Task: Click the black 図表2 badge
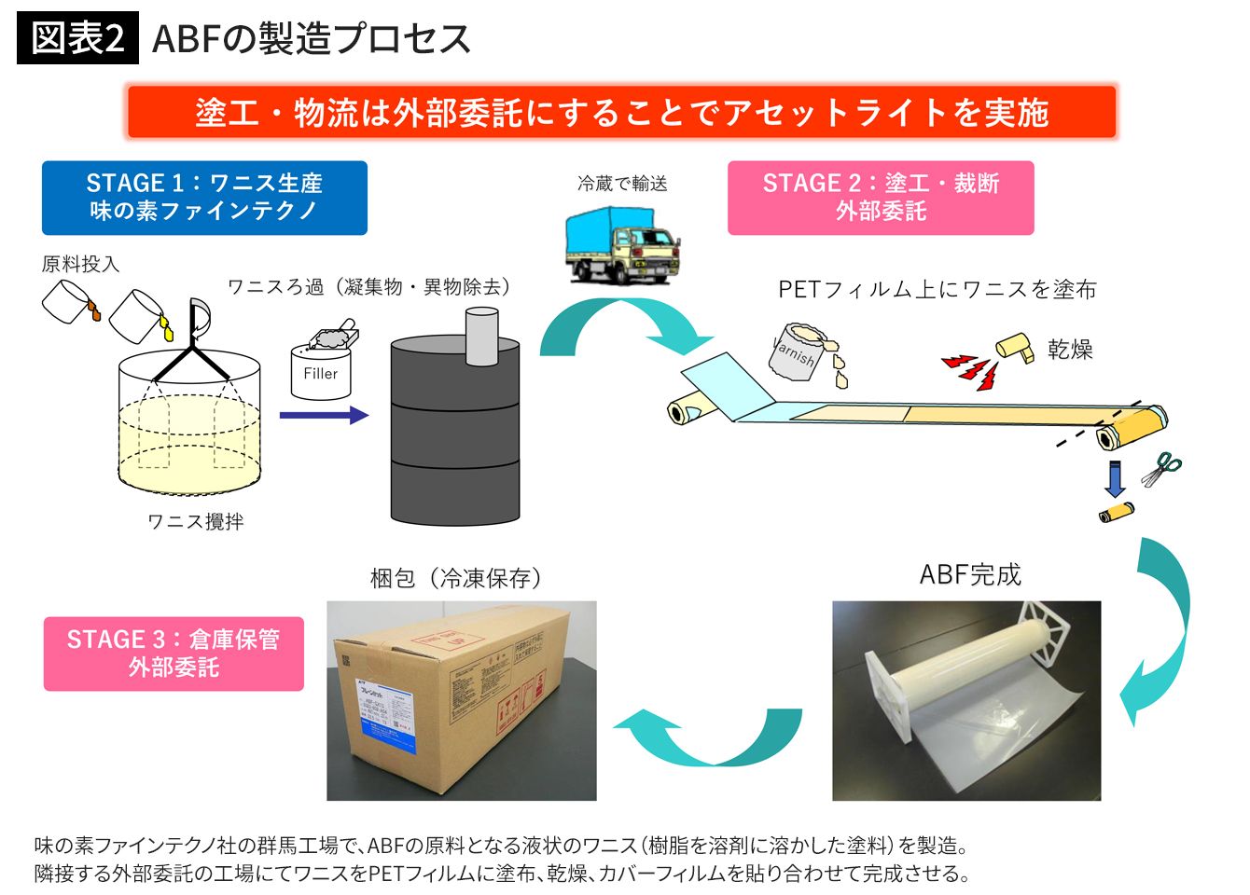(77, 38)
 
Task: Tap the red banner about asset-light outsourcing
(621, 112)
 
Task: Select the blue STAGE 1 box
(204, 198)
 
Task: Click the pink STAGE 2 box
(880, 198)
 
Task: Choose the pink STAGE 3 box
(174, 654)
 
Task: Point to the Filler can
(321, 368)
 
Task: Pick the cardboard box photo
(461, 700)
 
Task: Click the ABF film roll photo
(966, 700)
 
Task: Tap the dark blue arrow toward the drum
(323, 415)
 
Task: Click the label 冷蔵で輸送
(622, 184)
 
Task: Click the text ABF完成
(970, 574)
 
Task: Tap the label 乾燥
(1070, 350)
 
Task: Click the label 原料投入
(80, 265)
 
